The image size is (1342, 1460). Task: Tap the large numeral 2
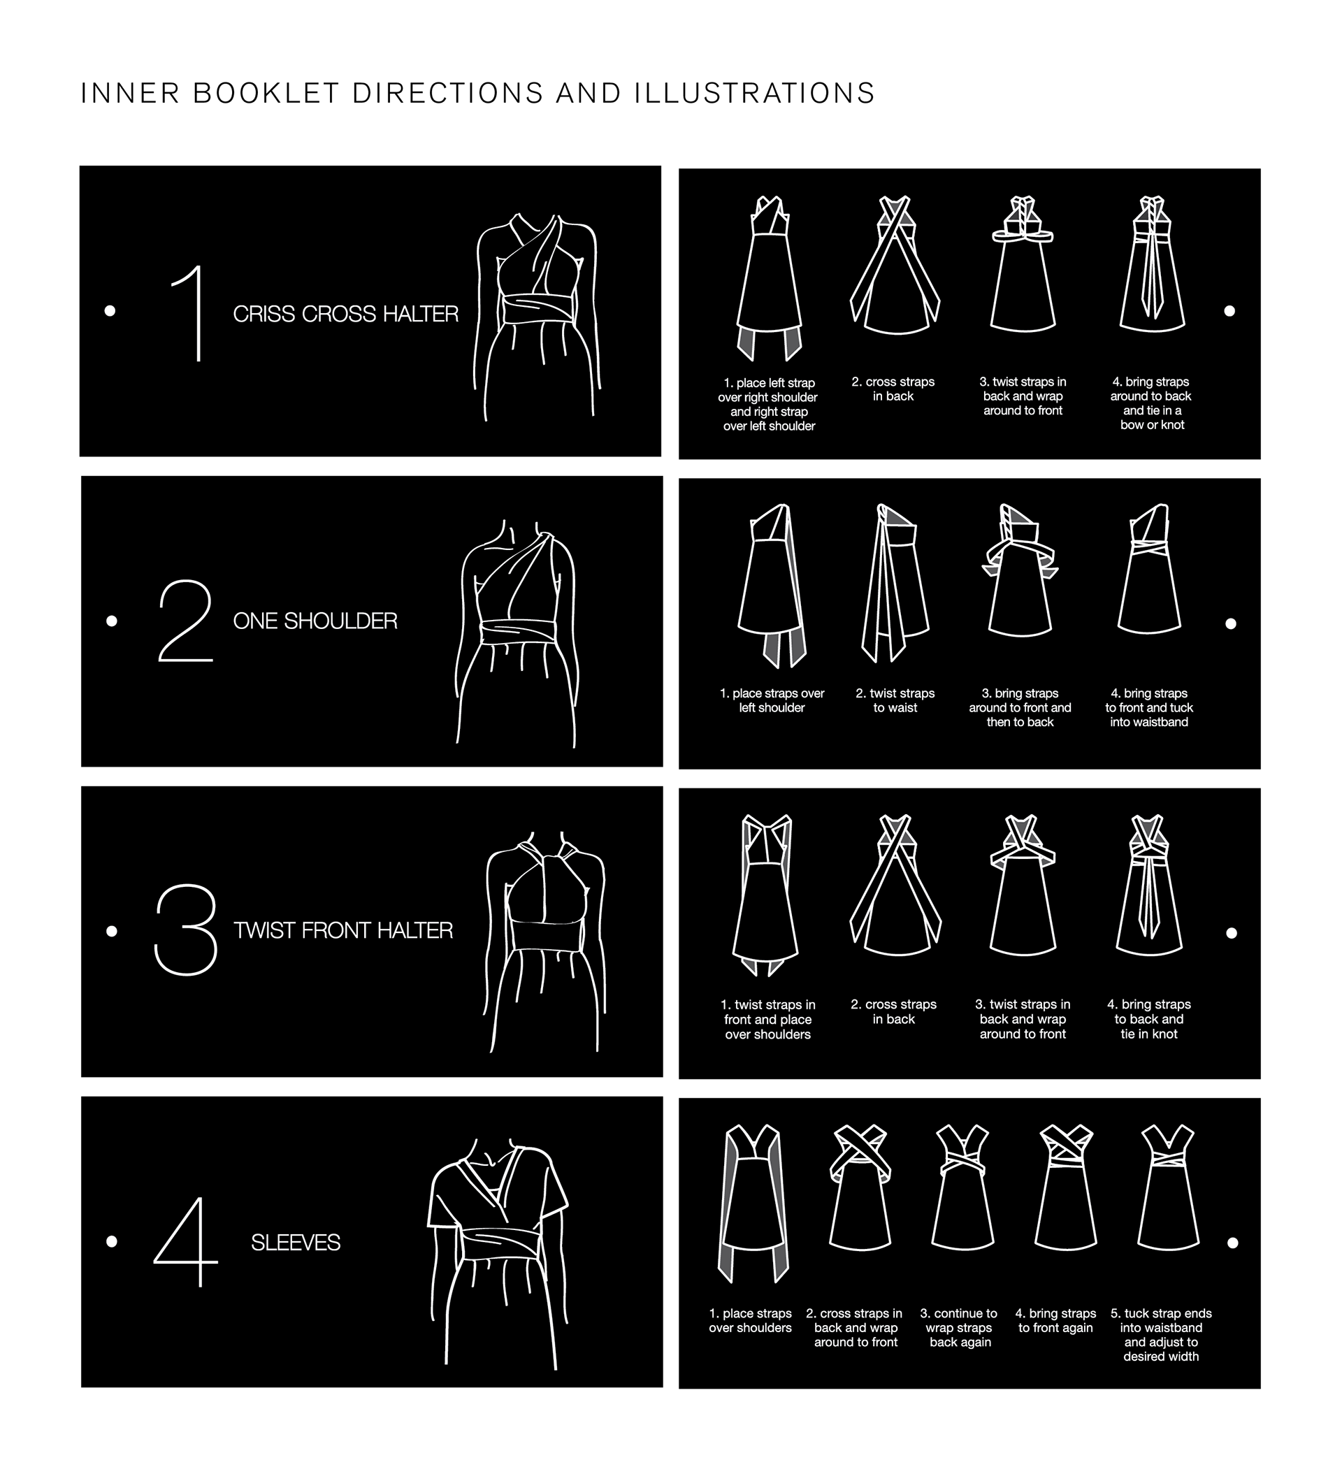[x=186, y=621]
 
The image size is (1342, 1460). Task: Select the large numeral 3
[x=186, y=930]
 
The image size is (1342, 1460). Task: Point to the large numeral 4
[x=186, y=1243]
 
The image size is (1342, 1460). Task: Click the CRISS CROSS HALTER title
[x=346, y=314]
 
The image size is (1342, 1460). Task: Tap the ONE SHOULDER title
[x=315, y=621]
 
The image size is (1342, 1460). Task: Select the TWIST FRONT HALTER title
[x=342, y=931]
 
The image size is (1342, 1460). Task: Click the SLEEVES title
[x=296, y=1243]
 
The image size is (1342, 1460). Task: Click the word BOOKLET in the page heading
[x=266, y=94]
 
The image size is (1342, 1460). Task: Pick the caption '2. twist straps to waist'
[x=895, y=701]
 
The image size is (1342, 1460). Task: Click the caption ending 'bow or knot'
[x=1151, y=404]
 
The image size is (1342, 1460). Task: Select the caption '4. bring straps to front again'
[x=1056, y=1322]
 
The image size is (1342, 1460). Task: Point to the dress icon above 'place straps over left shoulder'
[x=772, y=586]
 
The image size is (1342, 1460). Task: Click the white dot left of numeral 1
[x=110, y=311]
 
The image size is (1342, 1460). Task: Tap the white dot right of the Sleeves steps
[x=1232, y=1243]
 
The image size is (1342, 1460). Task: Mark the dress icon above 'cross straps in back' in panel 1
[x=895, y=265]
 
